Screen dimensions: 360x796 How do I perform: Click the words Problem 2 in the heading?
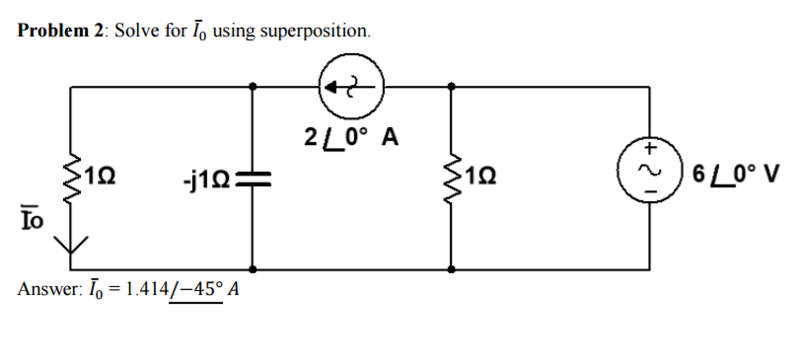tap(60, 31)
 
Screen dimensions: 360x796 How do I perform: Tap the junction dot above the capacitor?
tap(254, 87)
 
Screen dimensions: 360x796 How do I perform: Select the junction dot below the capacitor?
tap(254, 267)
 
